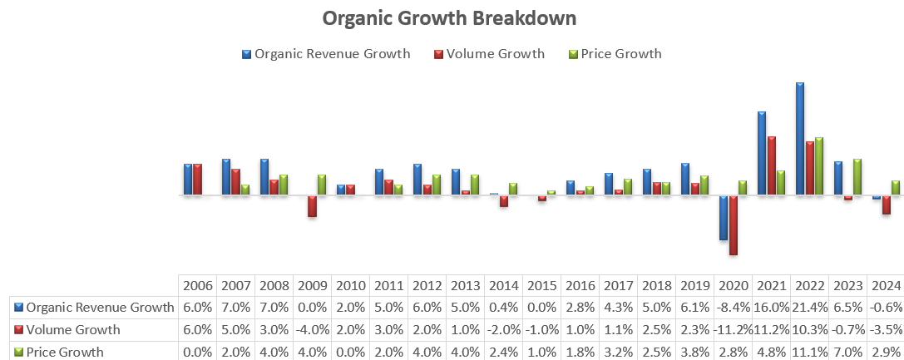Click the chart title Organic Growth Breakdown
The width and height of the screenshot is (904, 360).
tap(449, 18)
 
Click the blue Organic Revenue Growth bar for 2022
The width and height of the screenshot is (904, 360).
tap(800, 139)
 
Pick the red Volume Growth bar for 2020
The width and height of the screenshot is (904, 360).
tap(734, 224)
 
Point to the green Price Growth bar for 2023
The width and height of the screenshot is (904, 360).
tap(857, 177)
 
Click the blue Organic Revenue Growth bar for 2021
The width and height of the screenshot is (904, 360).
tap(762, 153)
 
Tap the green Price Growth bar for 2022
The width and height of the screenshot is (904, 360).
tap(819, 166)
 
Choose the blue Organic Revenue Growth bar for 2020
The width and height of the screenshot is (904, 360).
tap(724, 218)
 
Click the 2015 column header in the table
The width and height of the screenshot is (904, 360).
tap(541, 285)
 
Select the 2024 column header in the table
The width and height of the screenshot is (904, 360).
tap(886, 285)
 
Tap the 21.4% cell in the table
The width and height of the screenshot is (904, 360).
tap(809, 308)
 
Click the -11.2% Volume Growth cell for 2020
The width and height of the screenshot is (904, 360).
tap(733, 330)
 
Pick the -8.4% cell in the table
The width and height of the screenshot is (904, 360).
tap(733, 308)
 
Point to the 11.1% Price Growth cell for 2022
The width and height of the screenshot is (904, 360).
tap(809, 352)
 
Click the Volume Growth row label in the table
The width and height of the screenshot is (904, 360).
tap(73, 330)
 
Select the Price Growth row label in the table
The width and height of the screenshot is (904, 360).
tap(65, 352)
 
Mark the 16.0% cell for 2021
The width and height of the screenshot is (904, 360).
tap(771, 308)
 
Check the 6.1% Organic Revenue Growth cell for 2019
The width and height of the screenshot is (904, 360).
tap(694, 308)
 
